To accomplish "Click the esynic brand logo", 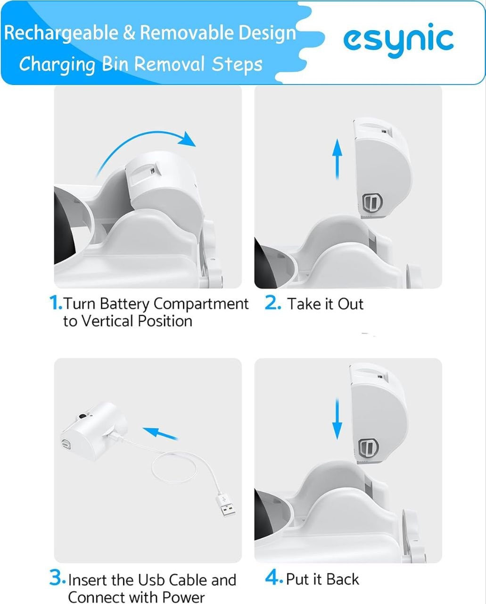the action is click(398, 40).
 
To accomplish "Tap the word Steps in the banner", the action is click(237, 65).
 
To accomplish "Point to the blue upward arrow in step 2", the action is click(337, 159).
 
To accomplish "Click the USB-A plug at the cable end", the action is click(225, 505).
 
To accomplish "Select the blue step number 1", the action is click(55, 303).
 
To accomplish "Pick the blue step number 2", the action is click(272, 303).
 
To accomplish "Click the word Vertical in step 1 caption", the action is click(107, 321).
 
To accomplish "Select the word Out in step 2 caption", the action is click(351, 304).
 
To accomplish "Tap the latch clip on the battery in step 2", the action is click(372, 202).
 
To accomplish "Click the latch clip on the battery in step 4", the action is click(369, 447).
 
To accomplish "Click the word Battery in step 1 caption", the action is click(124, 304).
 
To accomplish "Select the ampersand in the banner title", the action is click(129, 33).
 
